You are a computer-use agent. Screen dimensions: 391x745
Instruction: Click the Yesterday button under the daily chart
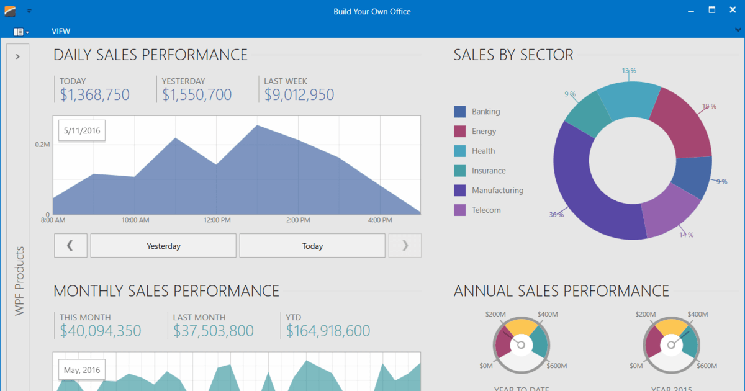[x=163, y=246]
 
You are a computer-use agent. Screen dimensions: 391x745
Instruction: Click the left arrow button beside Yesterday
[x=70, y=246]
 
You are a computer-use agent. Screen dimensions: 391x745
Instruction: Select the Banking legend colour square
[x=459, y=112]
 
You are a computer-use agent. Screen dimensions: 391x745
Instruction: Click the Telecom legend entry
[x=485, y=210]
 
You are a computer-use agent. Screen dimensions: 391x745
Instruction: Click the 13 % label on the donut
[x=629, y=71]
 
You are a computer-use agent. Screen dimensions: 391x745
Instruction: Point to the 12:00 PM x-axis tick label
[x=217, y=220]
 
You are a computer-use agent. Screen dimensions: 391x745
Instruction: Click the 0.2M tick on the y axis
[x=42, y=144]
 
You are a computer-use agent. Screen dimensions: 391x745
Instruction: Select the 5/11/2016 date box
[x=82, y=131]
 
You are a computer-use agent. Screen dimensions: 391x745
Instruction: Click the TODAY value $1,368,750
[x=94, y=95]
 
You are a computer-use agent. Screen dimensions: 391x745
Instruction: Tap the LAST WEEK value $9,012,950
[x=299, y=95]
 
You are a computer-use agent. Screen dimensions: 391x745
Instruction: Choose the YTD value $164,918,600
[x=328, y=331]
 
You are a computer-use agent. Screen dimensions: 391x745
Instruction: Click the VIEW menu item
[x=61, y=31]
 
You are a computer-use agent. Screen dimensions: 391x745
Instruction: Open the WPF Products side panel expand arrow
[x=17, y=56]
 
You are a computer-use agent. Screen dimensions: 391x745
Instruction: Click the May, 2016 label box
[x=82, y=371]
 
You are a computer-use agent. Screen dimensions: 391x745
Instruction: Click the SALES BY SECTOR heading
[x=513, y=55]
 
